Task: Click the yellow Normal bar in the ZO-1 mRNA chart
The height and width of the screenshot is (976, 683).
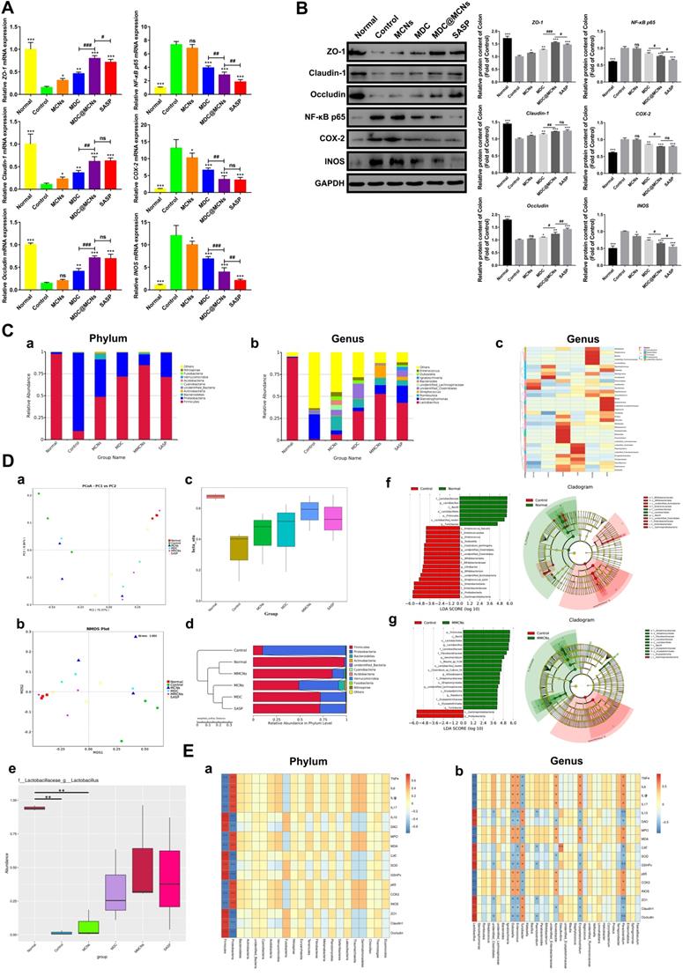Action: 30,70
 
